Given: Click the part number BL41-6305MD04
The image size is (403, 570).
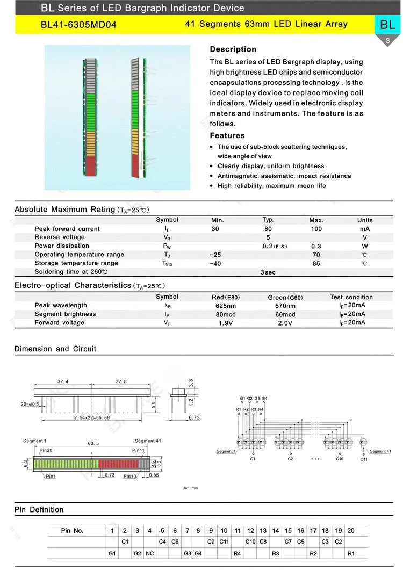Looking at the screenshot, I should point(78,25).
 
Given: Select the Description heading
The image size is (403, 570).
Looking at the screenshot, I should point(233,49).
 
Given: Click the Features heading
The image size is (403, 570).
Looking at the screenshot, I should point(227,135).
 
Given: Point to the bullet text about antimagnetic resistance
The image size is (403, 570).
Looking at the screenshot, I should point(284,176).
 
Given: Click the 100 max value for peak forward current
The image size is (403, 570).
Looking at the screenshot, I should point(316,229).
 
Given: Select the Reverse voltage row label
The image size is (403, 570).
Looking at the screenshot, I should point(60,237).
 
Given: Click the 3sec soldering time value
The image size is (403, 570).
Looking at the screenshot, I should point(268,272).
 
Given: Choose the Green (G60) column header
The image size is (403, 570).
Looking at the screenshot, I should point(285,297).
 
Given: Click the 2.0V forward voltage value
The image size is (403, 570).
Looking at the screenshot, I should point(285,323).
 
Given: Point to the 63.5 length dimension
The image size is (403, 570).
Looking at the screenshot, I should point(93,443).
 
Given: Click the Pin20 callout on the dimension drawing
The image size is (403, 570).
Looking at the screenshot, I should point(46,450).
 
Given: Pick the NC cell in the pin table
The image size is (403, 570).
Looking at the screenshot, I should point(150,553).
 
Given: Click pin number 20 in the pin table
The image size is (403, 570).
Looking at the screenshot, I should point(351,531).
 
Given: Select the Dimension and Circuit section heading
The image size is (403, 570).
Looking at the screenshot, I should point(55,349).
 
